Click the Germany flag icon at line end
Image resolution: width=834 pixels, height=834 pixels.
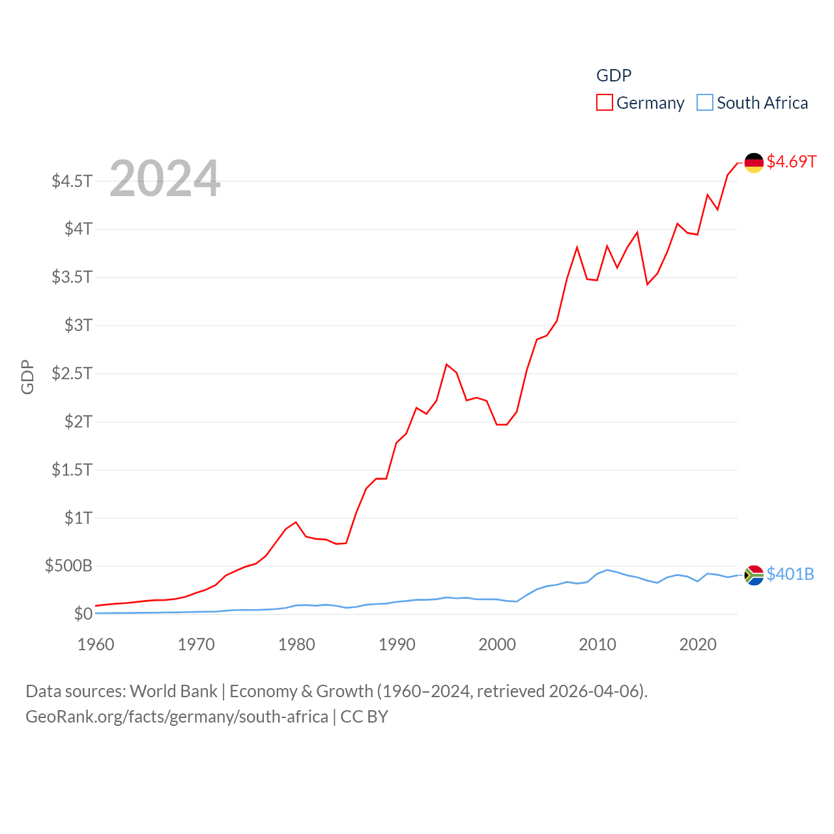754,162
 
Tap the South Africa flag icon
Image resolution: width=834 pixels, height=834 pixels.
754,575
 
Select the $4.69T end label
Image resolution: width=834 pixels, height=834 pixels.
791,162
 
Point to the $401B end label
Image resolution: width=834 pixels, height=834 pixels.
790,574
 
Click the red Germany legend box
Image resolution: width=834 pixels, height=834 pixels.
605,103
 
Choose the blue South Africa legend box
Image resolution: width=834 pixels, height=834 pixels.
705,103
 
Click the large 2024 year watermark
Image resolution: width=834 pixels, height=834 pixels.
165,179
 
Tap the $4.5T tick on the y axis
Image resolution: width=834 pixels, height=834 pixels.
72,181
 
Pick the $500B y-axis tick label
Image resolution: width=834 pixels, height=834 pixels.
68,566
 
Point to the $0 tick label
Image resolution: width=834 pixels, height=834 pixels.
83,614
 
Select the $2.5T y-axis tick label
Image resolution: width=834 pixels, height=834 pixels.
72,373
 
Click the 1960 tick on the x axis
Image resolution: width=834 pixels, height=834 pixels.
96,644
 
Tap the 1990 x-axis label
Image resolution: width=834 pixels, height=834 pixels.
397,644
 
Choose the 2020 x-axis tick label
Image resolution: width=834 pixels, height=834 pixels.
698,644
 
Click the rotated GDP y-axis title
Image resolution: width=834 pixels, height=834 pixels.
27,377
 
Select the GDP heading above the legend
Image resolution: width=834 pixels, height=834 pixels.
614,76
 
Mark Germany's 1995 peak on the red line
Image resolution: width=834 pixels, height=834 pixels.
446,364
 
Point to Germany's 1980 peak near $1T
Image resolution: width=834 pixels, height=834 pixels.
296,522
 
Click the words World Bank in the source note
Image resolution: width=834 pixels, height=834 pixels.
173,691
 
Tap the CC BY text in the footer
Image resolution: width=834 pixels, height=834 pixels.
364,717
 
